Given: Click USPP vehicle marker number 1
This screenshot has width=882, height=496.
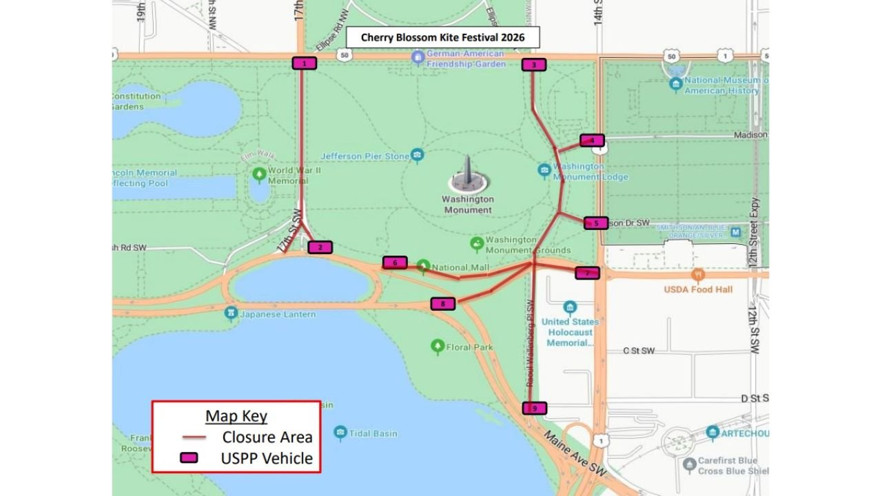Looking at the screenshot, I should [304, 63].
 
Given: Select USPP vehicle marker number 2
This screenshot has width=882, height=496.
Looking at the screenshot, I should [320, 247].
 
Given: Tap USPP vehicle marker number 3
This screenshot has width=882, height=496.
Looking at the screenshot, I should [533, 65].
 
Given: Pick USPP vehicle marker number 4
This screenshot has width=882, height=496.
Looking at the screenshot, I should [592, 141].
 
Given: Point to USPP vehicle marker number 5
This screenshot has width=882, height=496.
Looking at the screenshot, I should [596, 223].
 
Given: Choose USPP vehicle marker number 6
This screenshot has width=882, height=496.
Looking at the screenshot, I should [395, 262].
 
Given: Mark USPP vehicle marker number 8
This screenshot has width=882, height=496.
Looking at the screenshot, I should [443, 303].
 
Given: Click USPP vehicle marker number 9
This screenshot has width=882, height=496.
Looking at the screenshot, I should [534, 408].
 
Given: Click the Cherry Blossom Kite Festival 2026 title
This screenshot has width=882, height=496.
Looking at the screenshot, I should [442, 37].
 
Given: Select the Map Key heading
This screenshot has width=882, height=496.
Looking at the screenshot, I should [236, 416].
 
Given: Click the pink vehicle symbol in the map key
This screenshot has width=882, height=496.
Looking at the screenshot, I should [189, 458].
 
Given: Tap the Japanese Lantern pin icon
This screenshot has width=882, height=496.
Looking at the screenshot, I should [231, 314].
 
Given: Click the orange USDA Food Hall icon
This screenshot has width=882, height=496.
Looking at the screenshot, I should [698, 275].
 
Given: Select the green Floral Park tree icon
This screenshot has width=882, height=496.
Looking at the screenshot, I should [437, 347].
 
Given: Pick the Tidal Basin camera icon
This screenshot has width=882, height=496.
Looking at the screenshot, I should [340, 433].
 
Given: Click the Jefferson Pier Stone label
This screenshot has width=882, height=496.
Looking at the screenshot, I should [365, 156].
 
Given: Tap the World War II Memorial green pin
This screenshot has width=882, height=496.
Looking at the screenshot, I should [259, 174].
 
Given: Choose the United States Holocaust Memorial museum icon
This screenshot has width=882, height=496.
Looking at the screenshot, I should [569, 307].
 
